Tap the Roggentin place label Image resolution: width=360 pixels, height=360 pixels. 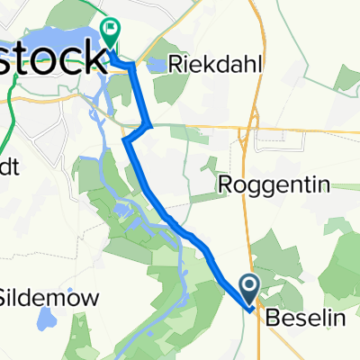point(275,186)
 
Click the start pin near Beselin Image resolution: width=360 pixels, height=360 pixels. point(251,288)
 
